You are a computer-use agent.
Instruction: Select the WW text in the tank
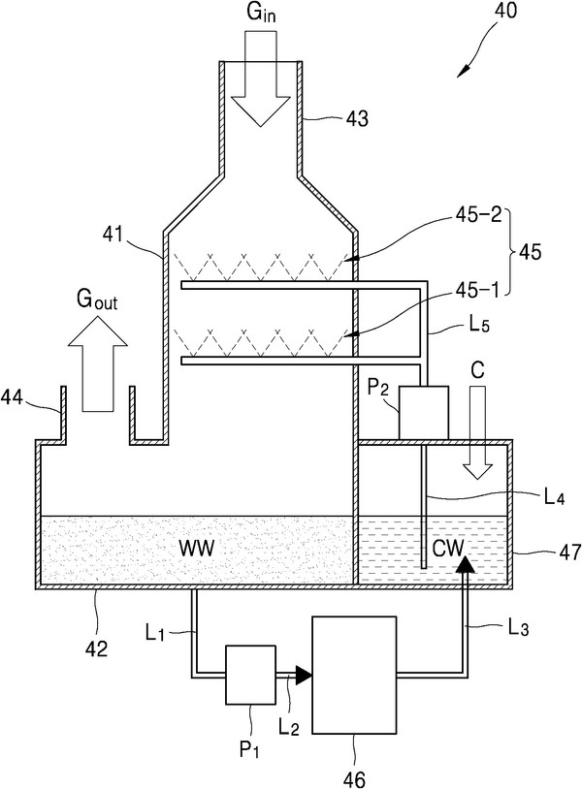point(195,549)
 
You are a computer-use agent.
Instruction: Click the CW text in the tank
point(449,549)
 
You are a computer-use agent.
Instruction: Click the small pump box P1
point(252,675)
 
